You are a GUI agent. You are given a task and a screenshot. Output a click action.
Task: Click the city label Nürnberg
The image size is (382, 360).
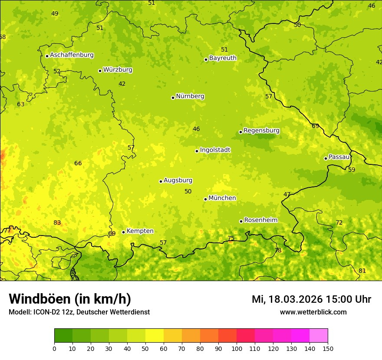coord(190,96)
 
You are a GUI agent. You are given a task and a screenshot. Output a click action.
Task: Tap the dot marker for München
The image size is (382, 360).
coord(205,199)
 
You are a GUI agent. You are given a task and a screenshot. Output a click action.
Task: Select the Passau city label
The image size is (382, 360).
coord(339,157)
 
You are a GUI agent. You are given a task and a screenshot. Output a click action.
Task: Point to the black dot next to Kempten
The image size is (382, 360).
coord(123,232)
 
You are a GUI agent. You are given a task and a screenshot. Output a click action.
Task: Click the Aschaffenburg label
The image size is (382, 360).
coord(72,55)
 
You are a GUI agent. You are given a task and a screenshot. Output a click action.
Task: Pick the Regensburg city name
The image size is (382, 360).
coord(261,131)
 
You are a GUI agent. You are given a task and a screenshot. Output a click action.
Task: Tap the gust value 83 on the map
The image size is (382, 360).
coord(57,223)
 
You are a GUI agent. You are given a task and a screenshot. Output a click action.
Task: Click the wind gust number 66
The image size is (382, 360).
coord(78,164)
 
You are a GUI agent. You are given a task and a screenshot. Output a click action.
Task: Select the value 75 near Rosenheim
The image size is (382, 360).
coord(231,238)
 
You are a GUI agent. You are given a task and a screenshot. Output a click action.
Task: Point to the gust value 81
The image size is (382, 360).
coord(362,271)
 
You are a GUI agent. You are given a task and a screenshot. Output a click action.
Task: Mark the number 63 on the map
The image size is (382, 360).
coord(21,105)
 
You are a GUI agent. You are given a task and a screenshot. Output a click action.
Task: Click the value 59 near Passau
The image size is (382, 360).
coord(352,170)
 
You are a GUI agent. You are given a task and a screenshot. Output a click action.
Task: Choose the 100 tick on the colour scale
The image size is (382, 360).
coord(237,348)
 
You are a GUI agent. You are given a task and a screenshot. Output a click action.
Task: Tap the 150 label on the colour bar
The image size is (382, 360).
coord(328,348)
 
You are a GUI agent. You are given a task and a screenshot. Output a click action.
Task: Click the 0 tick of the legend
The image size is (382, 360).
coord(54,348)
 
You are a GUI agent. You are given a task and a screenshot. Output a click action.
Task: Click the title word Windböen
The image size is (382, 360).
coord(40,299)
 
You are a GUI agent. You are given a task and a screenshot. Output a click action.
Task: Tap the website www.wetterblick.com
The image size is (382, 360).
coord(313,312)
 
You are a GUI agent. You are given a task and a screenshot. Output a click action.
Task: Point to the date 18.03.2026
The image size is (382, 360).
coord(296,299)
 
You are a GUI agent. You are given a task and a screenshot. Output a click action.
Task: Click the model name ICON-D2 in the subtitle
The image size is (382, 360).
coord(48,312)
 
